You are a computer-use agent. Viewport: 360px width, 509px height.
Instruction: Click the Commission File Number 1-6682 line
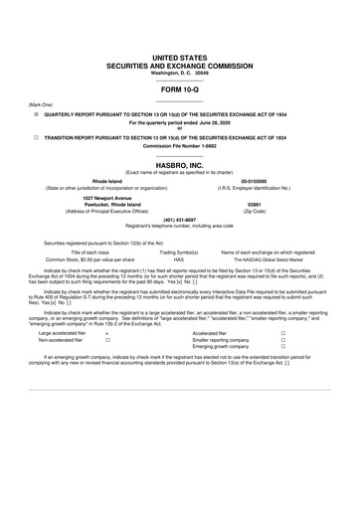pyautogui.click(x=179, y=145)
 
